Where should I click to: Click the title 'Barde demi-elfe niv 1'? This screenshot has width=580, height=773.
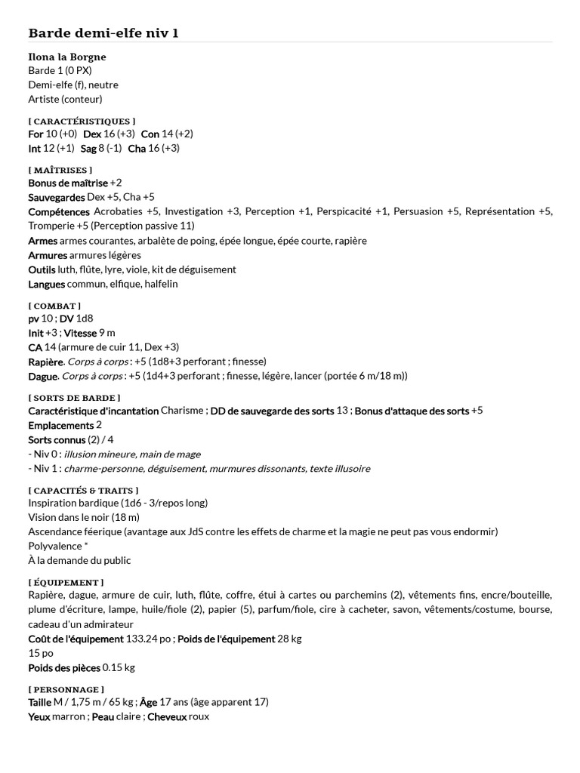point(103,32)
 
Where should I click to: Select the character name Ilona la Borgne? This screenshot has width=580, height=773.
point(66,57)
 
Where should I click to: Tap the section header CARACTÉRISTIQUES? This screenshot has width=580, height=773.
point(82,121)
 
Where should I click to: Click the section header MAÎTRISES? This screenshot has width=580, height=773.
point(60,170)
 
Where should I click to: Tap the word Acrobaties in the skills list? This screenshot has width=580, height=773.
point(116,212)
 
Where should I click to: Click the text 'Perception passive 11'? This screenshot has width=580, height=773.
point(144,226)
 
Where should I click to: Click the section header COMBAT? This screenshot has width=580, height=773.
point(54,306)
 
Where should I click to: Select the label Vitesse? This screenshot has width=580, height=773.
point(79,333)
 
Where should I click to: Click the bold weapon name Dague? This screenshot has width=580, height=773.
point(42,376)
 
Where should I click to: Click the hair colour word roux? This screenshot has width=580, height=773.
point(200,716)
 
